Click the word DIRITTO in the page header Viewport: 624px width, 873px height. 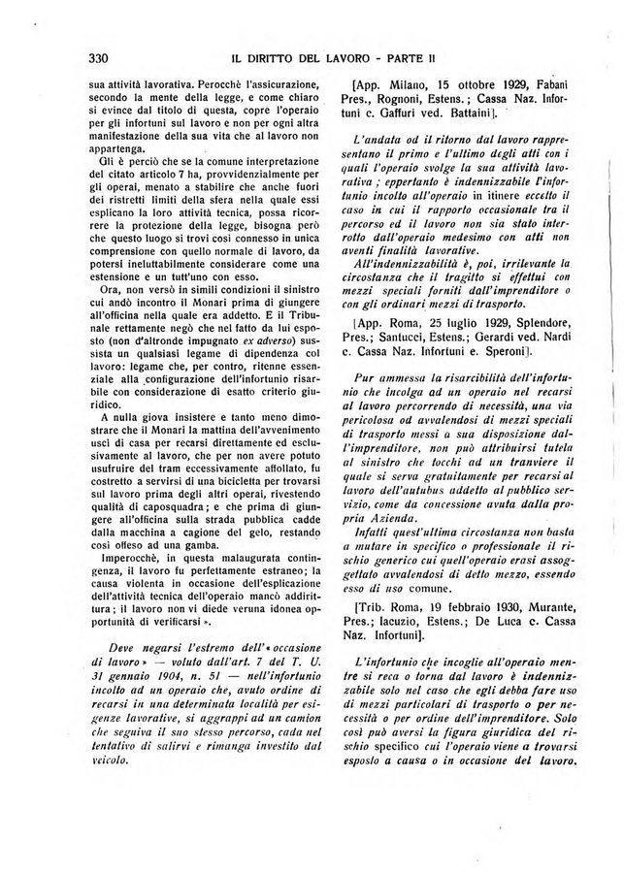[274, 57]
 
